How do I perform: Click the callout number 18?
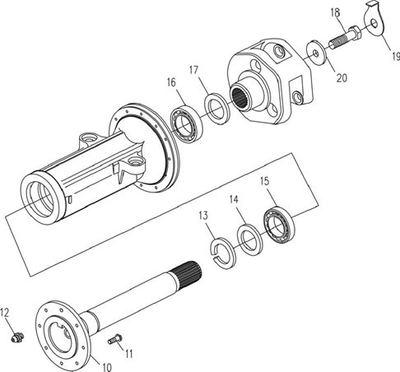335,13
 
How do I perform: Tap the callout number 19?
396,56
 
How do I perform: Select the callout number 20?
342,78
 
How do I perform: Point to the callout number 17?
193,70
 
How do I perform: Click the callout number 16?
171,82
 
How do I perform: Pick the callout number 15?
265,181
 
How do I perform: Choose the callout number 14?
234,199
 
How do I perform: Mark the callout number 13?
203,216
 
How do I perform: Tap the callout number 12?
4,312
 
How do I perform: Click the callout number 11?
129,354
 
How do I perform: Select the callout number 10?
107,367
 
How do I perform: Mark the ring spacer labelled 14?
249,239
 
